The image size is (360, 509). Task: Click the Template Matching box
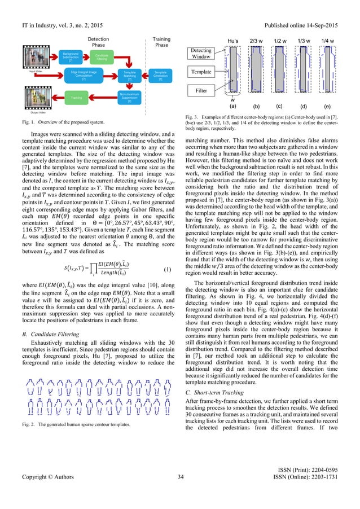pyautogui.click(x=130, y=75)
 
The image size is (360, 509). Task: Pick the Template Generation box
pyautogui.click(x=161, y=75)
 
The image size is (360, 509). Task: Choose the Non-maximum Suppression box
pyautogui.click(x=130, y=96)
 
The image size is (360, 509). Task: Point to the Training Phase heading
pyautogui.click(x=161, y=42)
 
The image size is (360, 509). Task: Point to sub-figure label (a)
pyautogui.click(x=232, y=106)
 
